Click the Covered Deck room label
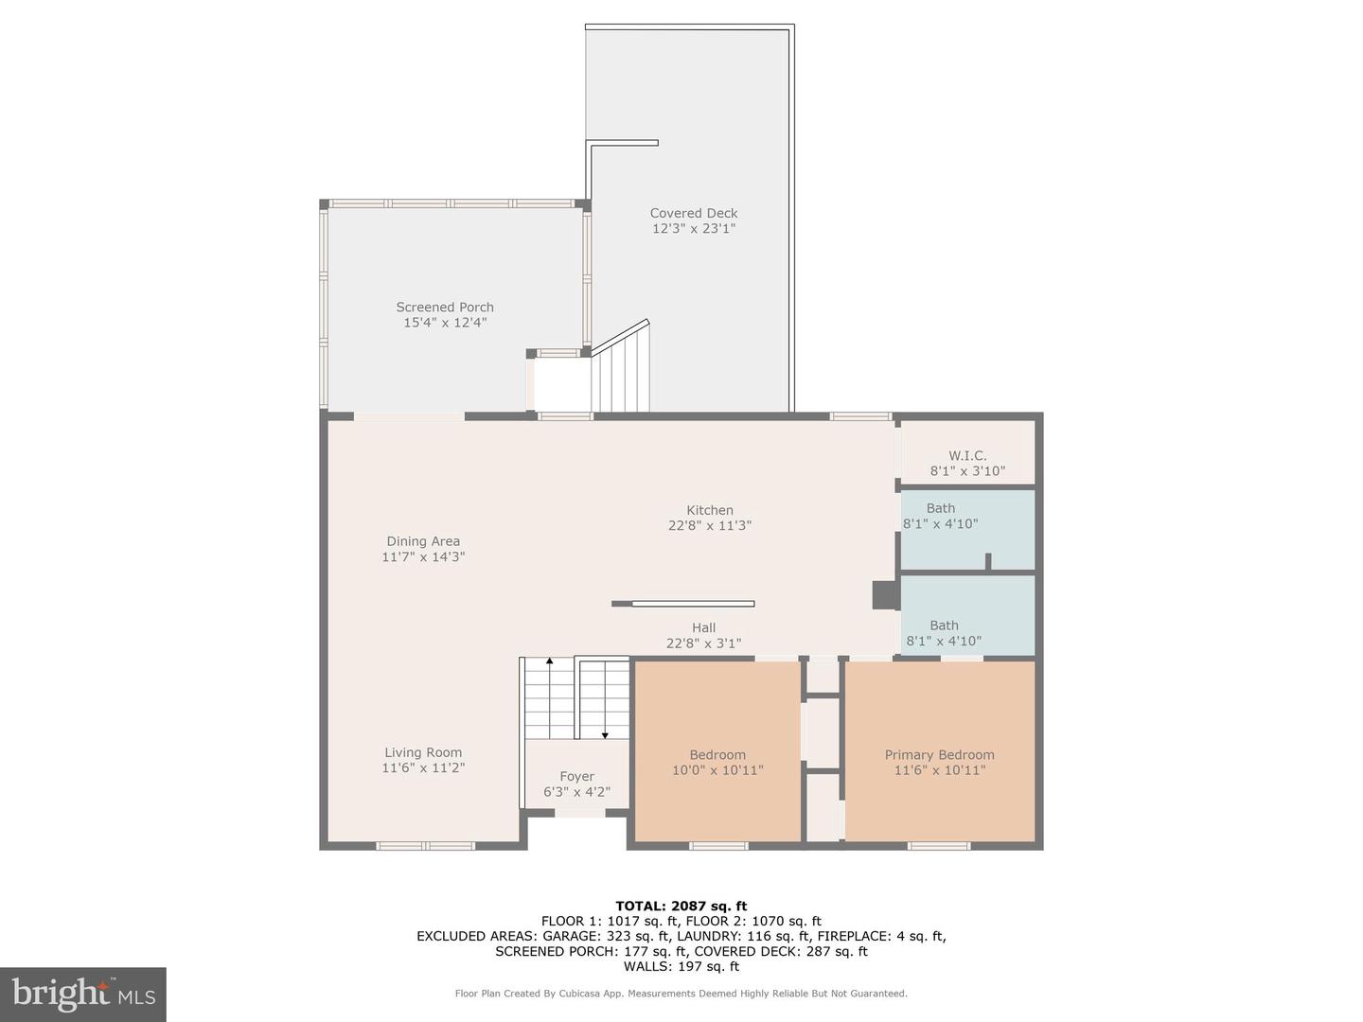pyautogui.click(x=693, y=214)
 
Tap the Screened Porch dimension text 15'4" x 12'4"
pyautogui.click(x=445, y=323)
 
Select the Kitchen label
pyautogui.click(x=710, y=510)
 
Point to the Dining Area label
pyautogui.click(x=423, y=541)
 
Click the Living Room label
pyautogui.click(x=423, y=753)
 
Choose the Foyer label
pyautogui.click(x=576, y=777)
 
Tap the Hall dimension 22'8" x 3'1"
pyautogui.click(x=703, y=643)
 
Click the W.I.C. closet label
pyautogui.click(x=967, y=456)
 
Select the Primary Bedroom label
pyautogui.click(x=939, y=755)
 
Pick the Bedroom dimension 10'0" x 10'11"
pyautogui.click(x=717, y=770)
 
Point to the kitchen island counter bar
pyautogui.click(x=683, y=604)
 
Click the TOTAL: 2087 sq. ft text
pyautogui.click(x=681, y=906)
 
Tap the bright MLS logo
pyautogui.click(x=83, y=994)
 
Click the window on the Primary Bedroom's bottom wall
pyautogui.click(x=939, y=846)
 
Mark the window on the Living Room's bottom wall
pyautogui.click(x=425, y=846)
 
